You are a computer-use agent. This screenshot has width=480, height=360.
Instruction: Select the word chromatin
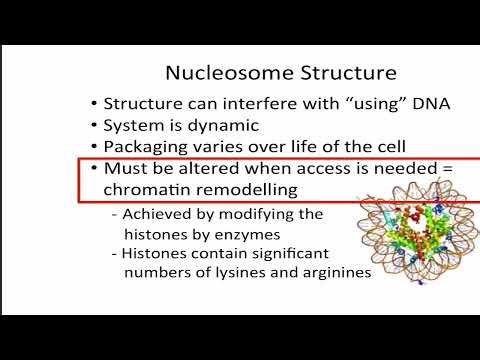pyautogui.click(x=144, y=189)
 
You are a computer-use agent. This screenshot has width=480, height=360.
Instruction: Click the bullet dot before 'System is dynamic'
pyautogui.click(x=93, y=125)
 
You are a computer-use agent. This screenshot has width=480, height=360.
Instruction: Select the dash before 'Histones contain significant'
pyautogui.click(x=115, y=253)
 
